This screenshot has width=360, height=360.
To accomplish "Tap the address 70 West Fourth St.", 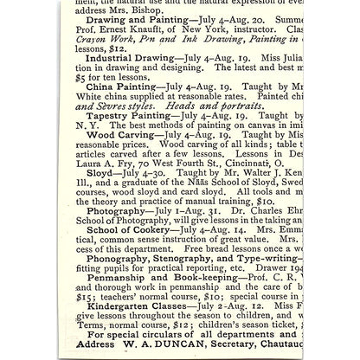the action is tap(183, 213).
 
